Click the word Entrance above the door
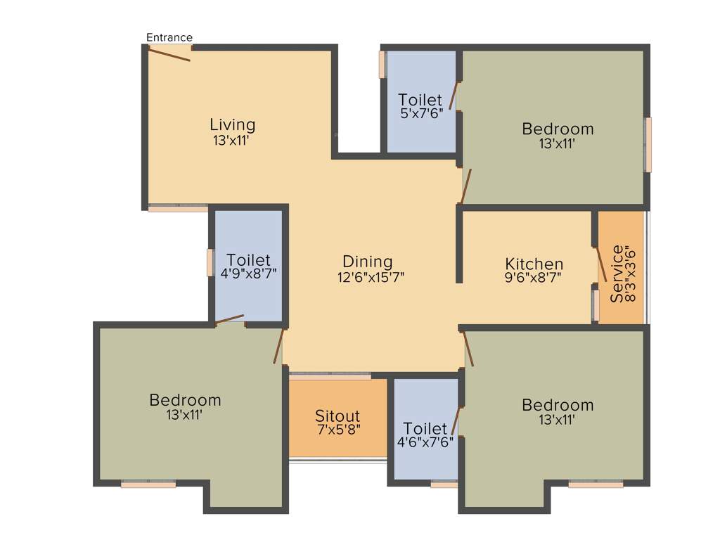coord(169,37)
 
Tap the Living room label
coord(233,124)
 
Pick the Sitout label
coord(337,416)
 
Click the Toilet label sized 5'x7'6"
coord(420,100)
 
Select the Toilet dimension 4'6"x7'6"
coord(425,442)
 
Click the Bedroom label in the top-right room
coord(558,129)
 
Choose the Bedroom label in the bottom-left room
coord(185,400)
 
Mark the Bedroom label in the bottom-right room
coord(558,405)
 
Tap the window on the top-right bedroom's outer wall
coord(648,145)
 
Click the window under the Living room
coord(178,208)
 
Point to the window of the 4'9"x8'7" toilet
coord(210,262)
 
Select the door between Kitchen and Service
coord(602,264)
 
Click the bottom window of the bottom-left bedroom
coord(148,484)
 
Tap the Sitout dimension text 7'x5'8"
coord(337,430)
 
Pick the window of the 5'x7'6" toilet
coord(382,64)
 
